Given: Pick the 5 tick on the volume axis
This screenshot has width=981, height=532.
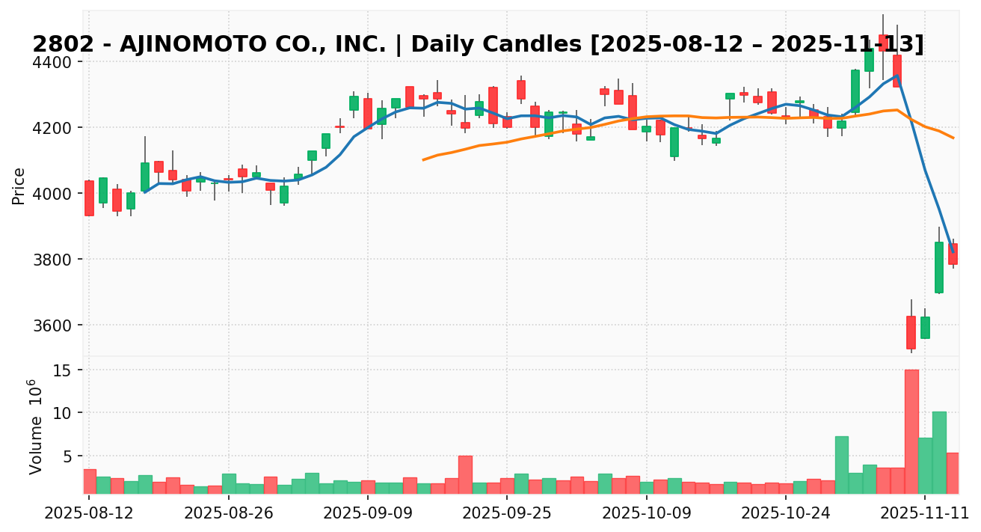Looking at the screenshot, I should [70, 456].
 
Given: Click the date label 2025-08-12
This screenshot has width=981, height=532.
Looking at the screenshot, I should [89, 514].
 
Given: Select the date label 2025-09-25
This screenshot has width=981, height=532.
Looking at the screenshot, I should [507, 514].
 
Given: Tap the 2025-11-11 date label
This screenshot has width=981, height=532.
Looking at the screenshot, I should [925, 514].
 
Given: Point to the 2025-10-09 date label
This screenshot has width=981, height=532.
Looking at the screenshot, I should [647, 514].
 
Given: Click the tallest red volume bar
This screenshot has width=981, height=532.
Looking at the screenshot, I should [911, 432].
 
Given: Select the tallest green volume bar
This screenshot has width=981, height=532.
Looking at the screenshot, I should [939, 452].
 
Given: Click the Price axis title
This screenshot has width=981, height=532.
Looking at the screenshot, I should [19, 186].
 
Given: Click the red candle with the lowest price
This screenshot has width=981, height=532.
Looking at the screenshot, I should [911, 332].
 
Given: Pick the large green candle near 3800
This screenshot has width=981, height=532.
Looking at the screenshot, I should [939, 267].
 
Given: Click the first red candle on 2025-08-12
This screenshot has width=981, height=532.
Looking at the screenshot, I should [89, 198].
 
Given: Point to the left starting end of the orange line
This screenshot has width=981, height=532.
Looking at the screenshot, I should [423, 159].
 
